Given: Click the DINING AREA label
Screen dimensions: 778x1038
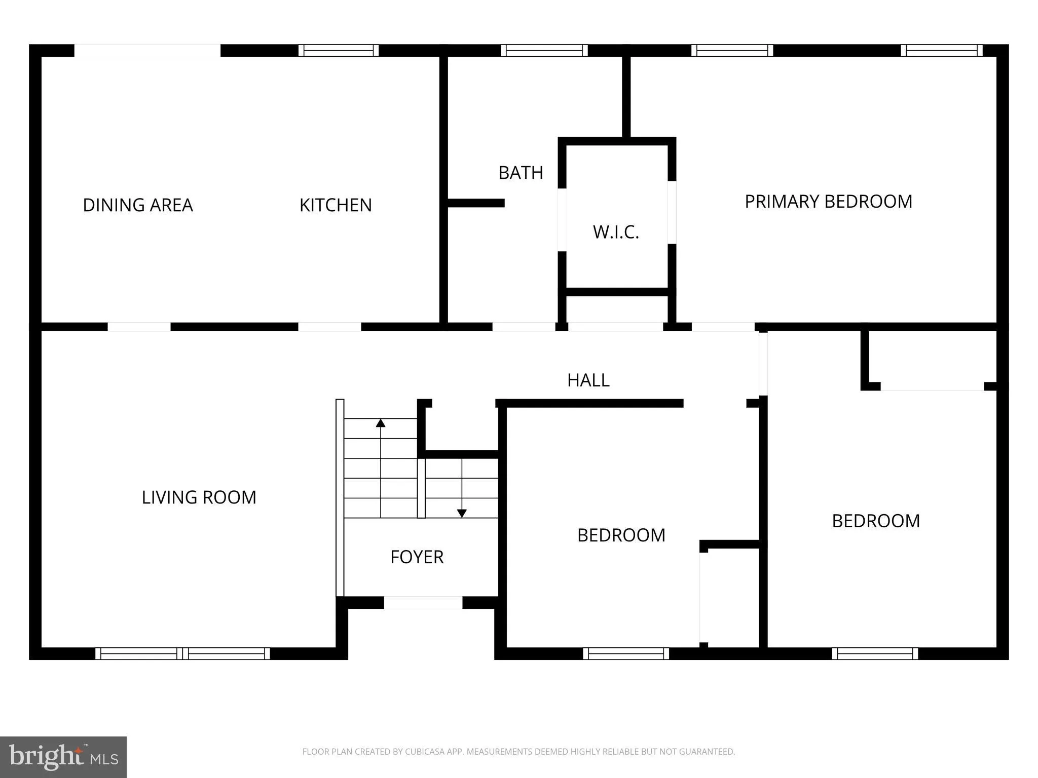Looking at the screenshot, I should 138,205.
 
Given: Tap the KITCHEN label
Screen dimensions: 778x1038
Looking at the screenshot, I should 336,205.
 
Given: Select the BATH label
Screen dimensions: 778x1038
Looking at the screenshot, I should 521,173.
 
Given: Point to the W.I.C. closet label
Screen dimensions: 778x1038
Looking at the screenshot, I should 616,232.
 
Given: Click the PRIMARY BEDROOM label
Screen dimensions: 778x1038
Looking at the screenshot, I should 828,202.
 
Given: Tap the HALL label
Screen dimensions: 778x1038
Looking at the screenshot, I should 588,380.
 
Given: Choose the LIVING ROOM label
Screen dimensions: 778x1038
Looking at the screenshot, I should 199,497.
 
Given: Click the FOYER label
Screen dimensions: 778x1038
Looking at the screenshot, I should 417,557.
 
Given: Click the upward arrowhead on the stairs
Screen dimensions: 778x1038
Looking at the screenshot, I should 381,423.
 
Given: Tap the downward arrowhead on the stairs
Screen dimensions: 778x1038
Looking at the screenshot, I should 462,513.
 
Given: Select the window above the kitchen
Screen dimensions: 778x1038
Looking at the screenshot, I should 339,50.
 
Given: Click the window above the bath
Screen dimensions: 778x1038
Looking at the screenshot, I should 544,50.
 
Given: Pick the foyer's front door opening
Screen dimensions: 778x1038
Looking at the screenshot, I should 423,603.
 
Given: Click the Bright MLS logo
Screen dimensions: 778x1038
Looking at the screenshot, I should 63,757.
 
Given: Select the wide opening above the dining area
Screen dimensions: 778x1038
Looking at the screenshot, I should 147,50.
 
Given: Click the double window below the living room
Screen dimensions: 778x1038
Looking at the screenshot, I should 182,653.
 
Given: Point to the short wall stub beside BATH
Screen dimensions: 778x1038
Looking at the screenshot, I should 476,203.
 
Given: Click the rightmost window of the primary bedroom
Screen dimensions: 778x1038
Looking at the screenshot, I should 942,50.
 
